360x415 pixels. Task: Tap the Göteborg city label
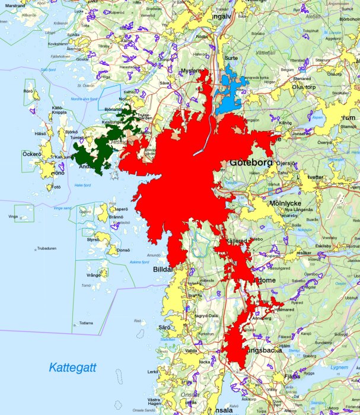250,162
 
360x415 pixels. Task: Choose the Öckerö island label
31,154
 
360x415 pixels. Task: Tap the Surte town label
231,58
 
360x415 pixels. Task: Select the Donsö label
123,250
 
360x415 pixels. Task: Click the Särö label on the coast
164,327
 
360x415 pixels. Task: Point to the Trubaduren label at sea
46,248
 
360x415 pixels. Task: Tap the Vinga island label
13,217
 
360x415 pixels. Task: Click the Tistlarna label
86,323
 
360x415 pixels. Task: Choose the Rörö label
28,91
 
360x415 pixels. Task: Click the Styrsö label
93,240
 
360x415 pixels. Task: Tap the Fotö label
56,187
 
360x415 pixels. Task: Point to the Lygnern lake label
339,367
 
